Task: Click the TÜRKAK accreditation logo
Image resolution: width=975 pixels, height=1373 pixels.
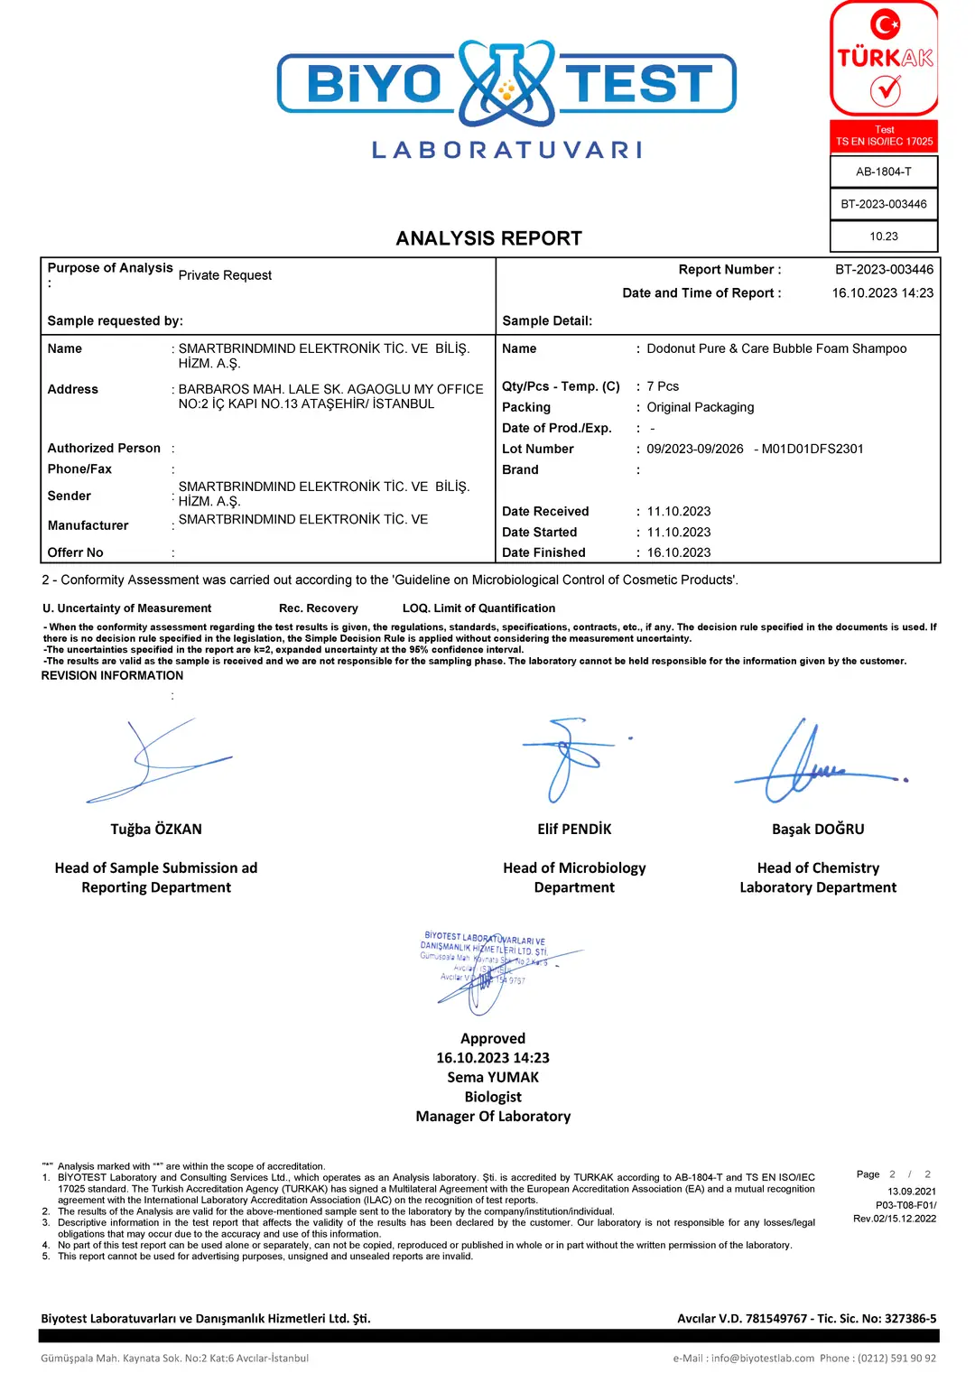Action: tap(884, 60)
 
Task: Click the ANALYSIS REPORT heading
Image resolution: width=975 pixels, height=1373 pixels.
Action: tap(488, 238)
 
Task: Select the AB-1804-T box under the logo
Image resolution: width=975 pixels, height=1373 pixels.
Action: tap(883, 172)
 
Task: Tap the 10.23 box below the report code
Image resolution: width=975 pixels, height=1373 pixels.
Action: tap(883, 237)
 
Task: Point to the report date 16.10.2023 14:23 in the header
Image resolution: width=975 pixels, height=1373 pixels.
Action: tap(882, 292)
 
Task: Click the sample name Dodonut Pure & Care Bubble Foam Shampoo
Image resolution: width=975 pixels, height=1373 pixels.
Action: tap(776, 348)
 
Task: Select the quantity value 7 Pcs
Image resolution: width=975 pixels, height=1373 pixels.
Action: tap(663, 386)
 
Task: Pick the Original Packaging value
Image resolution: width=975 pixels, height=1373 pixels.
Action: tap(700, 407)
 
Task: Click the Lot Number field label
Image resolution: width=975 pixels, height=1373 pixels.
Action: tap(537, 449)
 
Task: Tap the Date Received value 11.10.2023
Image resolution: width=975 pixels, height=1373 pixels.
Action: tap(678, 511)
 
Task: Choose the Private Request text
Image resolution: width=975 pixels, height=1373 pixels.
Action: tap(225, 275)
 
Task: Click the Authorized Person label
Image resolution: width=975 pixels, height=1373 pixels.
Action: tap(104, 448)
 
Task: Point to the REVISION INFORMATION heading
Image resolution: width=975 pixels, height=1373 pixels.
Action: tap(112, 675)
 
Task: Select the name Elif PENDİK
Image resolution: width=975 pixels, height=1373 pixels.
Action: tap(574, 829)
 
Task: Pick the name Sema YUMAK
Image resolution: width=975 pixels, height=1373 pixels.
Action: tap(492, 1077)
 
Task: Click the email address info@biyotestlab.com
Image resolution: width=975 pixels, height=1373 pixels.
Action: tap(762, 1358)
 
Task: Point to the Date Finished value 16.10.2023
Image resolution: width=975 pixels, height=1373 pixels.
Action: tap(678, 552)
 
